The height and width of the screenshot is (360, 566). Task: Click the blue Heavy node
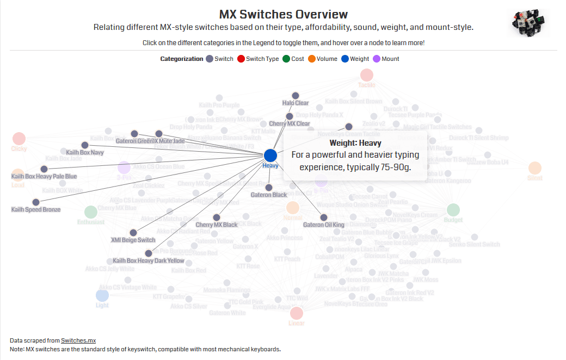tap(270, 156)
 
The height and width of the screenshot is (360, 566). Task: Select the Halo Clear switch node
tap(296, 95)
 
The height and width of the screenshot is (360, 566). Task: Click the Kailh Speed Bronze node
tap(36, 202)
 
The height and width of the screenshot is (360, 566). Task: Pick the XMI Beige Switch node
tap(133, 233)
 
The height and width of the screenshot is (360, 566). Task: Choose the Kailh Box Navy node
tap(85, 145)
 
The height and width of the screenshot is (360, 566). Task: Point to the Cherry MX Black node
tap(217, 218)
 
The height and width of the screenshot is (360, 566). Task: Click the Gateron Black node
tap(269, 188)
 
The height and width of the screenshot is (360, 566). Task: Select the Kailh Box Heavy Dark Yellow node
tap(149, 253)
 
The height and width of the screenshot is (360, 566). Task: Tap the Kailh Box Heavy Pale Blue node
tap(44, 169)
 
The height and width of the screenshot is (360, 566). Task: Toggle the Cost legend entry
tap(293, 59)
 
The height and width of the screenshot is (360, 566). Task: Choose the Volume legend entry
tap(323, 59)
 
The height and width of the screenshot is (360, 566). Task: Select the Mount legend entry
tap(386, 59)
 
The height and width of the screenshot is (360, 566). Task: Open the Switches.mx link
tap(78, 340)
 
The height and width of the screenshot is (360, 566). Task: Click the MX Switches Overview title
tap(283, 14)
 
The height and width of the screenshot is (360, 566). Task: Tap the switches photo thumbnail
tap(527, 23)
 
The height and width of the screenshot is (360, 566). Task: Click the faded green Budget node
tap(453, 210)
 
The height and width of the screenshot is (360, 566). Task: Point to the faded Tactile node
tap(367, 75)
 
